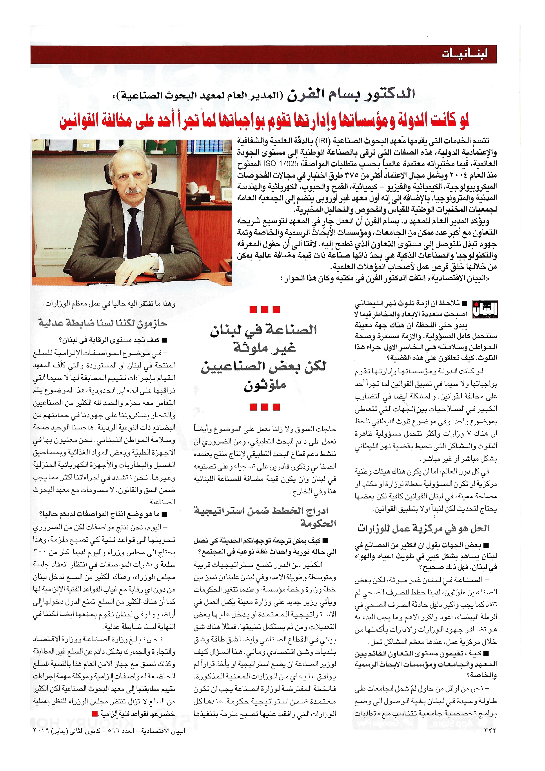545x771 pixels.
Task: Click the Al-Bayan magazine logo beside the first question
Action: tap(485, 309)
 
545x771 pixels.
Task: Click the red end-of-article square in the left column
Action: tap(95, 714)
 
